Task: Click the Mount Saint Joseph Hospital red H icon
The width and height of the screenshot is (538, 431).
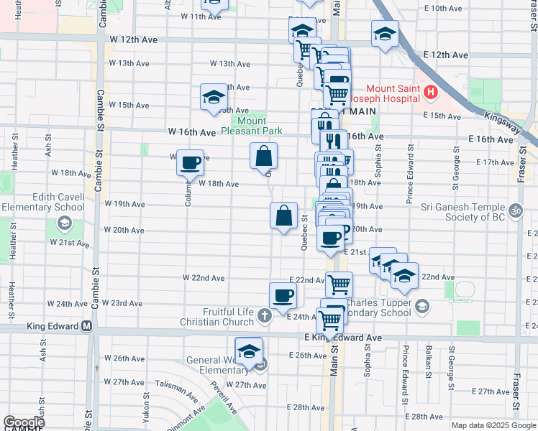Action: tap(431, 92)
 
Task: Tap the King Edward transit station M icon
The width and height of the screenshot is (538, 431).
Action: tap(87, 325)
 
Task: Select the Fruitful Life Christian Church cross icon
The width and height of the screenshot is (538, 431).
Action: tap(265, 313)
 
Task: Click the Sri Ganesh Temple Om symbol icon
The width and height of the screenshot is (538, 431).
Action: tap(515, 212)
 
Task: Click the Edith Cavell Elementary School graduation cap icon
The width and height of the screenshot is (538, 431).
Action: tap(64, 223)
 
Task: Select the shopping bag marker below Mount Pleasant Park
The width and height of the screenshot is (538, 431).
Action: tap(264, 155)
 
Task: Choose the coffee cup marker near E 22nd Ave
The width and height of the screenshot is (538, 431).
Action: tap(283, 295)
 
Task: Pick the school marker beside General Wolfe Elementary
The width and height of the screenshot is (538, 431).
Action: tap(249, 352)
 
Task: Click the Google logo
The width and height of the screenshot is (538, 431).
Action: tap(24, 422)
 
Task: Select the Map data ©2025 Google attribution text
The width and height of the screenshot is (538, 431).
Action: tap(493, 425)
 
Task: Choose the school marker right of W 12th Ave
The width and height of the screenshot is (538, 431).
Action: tap(385, 33)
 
